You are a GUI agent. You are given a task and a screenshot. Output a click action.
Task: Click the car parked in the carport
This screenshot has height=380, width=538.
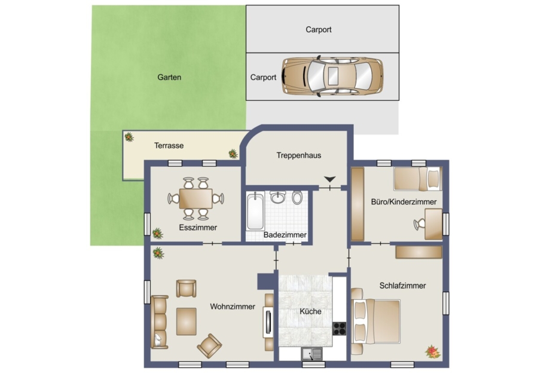click(x=332, y=76)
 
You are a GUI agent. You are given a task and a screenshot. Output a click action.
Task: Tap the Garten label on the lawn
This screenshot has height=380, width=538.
click(x=169, y=77)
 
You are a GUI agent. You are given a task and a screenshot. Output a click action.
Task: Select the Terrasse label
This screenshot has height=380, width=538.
click(x=169, y=145)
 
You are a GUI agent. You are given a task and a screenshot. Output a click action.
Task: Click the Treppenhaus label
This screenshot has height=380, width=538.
click(x=299, y=155)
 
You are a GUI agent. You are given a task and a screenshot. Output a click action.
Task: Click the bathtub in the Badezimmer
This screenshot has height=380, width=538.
click(x=255, y=211)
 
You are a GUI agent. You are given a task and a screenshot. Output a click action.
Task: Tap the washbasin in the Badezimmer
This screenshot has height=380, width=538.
click(x=277, y=197)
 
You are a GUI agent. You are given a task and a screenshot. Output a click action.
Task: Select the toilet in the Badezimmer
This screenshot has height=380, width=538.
click(x=297, y=198)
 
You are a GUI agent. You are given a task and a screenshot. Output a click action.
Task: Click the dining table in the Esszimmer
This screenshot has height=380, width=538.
click(x=195, y=198)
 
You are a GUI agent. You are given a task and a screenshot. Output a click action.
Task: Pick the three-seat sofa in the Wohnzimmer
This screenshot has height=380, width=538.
click(x=160, y=321)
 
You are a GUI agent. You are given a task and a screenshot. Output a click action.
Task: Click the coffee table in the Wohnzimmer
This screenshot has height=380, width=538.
click(x=187, y=321)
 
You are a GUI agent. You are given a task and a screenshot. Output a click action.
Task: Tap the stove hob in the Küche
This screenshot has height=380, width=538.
click(x=340, y=328)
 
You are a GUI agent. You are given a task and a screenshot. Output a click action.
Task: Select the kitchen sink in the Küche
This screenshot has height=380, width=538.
click(x=311, y=354)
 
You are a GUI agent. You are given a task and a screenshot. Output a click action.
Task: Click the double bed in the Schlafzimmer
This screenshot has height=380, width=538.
click(x=376, y=321)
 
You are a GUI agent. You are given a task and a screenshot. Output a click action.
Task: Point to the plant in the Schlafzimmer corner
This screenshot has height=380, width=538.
click(x=433, y=352)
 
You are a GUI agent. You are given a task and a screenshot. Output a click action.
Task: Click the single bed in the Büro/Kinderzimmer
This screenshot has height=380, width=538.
click(x=418, y=178)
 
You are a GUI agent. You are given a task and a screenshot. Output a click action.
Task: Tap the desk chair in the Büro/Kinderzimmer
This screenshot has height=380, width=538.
click(x=419, y=225)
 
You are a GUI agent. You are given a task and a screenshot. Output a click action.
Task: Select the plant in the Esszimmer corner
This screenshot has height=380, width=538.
click(x=157, y=234)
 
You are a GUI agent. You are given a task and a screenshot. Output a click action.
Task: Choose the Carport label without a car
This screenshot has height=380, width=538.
click(x=319, y=29)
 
